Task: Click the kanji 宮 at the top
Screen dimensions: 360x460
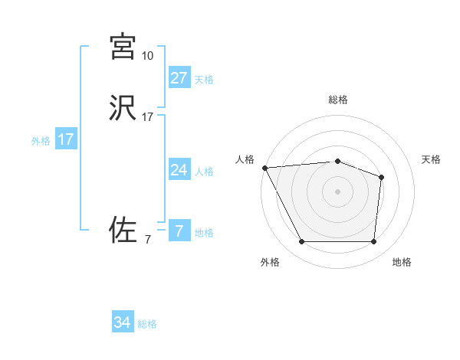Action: [123, 46]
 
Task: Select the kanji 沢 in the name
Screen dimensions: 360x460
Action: [123, 108]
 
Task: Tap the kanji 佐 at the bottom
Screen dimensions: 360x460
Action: [123, 230]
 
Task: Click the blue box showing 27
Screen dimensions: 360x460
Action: [179, 77]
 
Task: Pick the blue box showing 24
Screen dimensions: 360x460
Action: [179, 170]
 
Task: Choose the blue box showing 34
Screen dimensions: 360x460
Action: [123, 322]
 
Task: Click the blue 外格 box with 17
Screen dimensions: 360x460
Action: [65, 140]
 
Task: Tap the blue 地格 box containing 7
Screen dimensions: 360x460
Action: [179, 231]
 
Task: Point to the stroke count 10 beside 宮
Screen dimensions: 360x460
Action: [147, 55]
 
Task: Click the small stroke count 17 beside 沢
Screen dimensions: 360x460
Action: [147, 117]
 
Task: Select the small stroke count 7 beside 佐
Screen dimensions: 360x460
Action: [147, 240]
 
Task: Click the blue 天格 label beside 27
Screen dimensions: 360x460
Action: [204, 80]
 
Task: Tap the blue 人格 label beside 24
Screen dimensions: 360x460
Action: [204, 172]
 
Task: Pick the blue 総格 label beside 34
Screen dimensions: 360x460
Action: [147, 325]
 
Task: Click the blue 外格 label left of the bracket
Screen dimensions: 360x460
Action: [41, 142]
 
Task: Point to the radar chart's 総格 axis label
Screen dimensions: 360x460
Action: [337, 100]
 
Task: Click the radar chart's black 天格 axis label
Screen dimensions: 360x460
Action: [431, 159]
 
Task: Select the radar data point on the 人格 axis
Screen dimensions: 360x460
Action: [264, 167]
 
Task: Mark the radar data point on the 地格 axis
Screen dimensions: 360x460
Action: [373, 242]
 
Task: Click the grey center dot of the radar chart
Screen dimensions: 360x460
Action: [337, 191]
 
